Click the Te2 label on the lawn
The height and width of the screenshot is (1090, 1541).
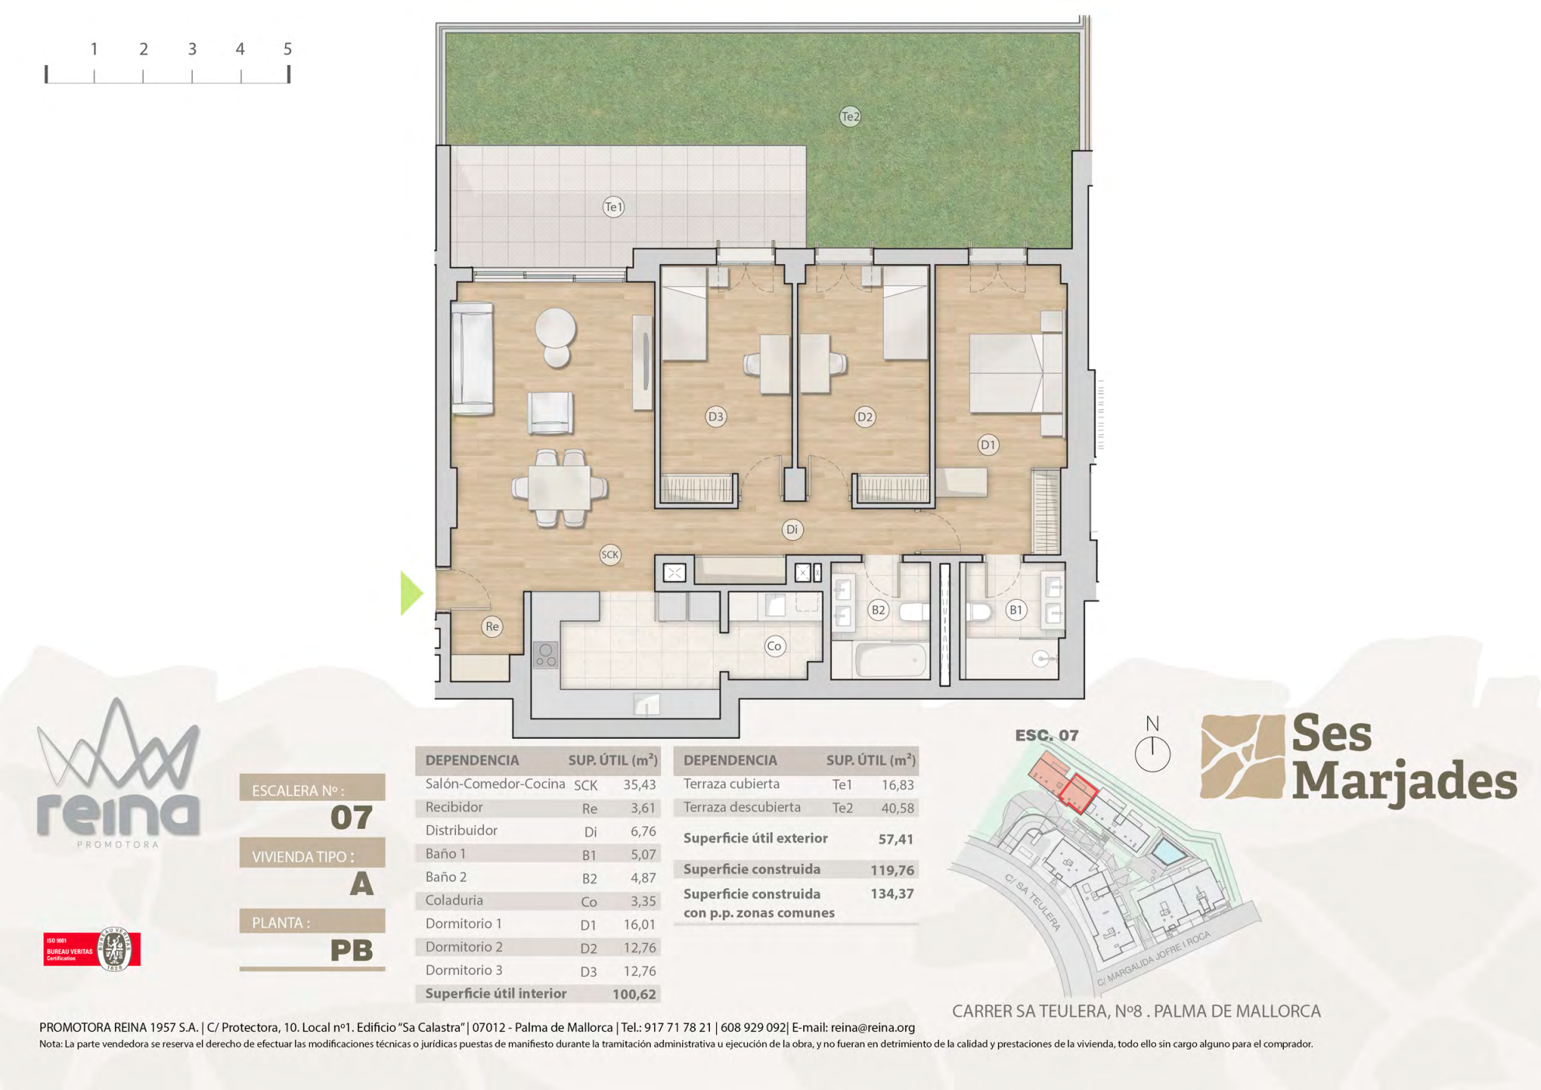tap(851, 117)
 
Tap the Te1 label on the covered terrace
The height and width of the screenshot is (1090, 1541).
tap(614, 207)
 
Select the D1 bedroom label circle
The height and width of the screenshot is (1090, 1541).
tap(988, 445)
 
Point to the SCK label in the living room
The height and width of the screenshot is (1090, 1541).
tap(610, 555)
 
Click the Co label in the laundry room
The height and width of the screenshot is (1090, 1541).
tap(774, 646)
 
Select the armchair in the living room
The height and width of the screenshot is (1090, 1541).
tap(551, 413)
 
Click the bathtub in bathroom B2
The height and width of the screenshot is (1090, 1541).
tap(892, 660)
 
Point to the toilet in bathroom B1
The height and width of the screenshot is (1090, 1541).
tap(979, 612)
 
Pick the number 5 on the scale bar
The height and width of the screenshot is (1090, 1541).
tap(287, 49)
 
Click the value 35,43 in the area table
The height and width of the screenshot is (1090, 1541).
tap(640, 785)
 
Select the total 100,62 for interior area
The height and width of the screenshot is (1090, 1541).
tap(635, 994)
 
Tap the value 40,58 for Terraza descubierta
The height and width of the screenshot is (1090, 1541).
tap(898, 808)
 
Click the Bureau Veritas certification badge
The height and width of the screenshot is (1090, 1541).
tap(92, 949)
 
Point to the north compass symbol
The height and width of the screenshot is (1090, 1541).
tap(1153, 746)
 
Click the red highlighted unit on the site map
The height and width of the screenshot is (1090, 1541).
tap(1078, 793)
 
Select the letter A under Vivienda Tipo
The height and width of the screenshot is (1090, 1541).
tap(362, 884)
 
